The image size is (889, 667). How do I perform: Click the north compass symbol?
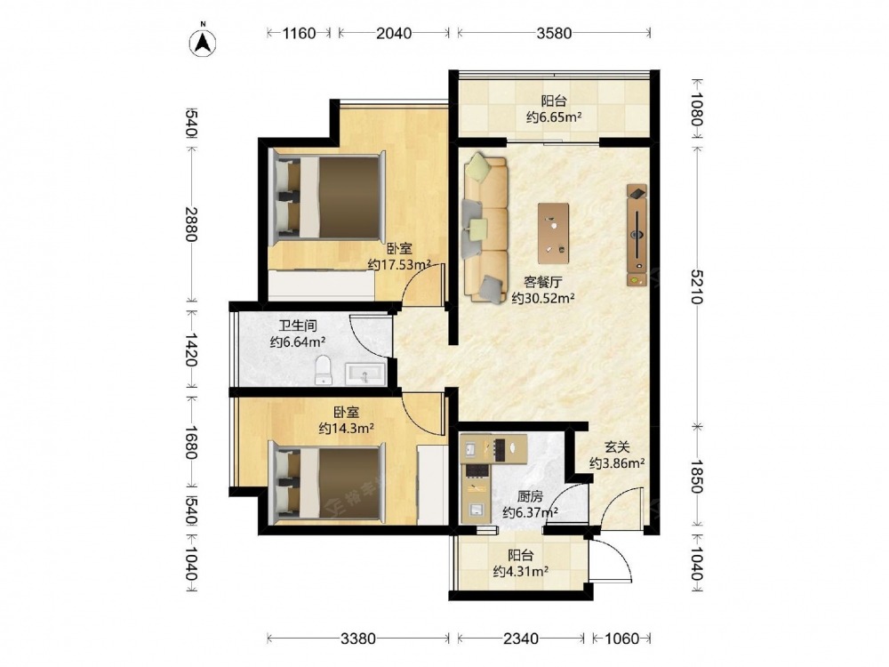click(x=204, y=42)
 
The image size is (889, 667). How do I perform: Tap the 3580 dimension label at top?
click(x=554, y=33)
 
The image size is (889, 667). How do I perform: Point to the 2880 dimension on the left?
click(x=191, y=224)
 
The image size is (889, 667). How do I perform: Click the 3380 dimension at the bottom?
click(x=357, y=639)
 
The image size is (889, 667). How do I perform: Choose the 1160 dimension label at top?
click(x=299, y=33)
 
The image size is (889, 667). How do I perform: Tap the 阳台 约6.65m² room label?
click(x=554, y=109)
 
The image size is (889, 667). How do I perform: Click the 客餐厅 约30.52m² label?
click(x=543, y=290)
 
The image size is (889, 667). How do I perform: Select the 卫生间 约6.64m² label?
click(x=298, y=334)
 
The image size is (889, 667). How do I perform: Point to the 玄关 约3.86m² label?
click(x=617, y=455)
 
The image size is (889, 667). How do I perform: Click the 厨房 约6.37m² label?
click(x=530, y=504)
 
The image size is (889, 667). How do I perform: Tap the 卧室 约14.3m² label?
click(x=346, y=421)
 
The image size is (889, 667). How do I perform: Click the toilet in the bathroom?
click(x=323, y=370)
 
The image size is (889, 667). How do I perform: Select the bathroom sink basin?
click(x=365, y=374)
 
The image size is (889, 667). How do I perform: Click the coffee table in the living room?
click(x=553, y=233)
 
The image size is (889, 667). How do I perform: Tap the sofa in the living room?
click(x=485, y=229)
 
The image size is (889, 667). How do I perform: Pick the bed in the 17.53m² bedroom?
click(x=328, y=197)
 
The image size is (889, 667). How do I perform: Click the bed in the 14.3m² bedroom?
click(x=328, y=482)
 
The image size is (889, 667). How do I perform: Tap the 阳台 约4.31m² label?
click(x=520, y=563)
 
